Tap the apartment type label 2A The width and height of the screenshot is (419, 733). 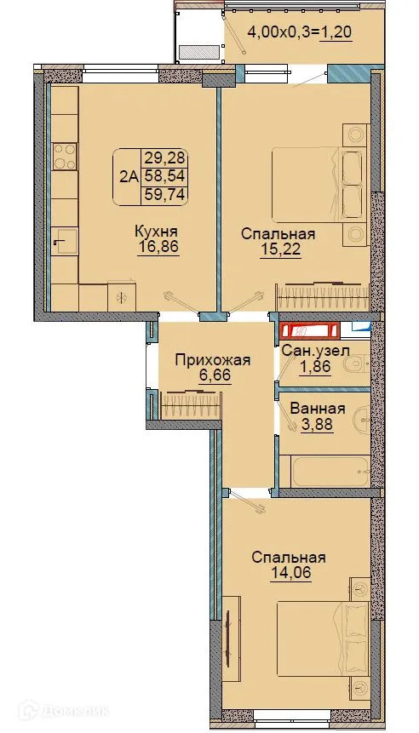coord(129,177)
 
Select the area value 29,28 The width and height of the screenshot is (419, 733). coord(165,158)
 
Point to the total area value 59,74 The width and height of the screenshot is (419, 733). coord(165,194)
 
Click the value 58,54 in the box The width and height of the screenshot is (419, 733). coord(165,176)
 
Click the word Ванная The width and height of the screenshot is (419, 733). coord(317,408)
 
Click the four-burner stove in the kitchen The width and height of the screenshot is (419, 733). coord(65,157)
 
